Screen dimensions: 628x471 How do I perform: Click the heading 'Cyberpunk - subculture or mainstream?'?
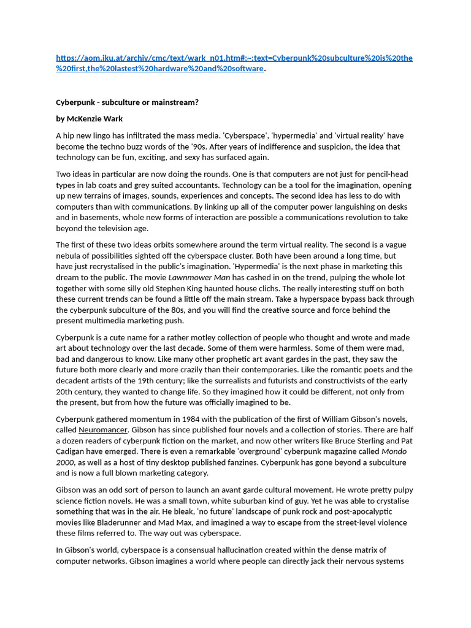point(127,102)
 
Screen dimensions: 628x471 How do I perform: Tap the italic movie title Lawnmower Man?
point(191,277)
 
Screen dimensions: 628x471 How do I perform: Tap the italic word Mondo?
point(394,451)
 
